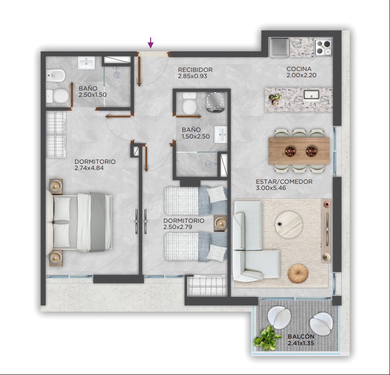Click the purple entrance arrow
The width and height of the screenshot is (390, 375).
151,43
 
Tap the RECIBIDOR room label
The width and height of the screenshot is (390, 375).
195,70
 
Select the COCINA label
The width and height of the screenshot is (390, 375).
298,69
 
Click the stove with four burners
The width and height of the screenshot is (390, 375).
323,47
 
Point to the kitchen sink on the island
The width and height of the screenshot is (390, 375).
311,95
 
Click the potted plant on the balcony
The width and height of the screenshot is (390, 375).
267,339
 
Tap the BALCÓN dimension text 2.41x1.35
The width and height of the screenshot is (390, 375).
301,343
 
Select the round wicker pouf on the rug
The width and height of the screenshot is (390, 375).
298,273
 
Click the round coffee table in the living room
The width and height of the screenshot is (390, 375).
289,225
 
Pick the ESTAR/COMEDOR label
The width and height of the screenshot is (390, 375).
284,182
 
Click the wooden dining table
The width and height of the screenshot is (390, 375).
299,151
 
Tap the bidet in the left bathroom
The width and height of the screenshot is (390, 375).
56,75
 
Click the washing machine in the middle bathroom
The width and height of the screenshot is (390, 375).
215,102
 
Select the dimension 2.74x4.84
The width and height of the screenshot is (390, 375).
89,168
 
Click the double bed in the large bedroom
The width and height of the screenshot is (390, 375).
79,222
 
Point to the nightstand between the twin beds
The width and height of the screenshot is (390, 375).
220,223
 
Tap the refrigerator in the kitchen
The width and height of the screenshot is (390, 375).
279,47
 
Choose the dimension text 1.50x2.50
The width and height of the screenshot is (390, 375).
195,136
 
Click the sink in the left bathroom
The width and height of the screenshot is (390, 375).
86,63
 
